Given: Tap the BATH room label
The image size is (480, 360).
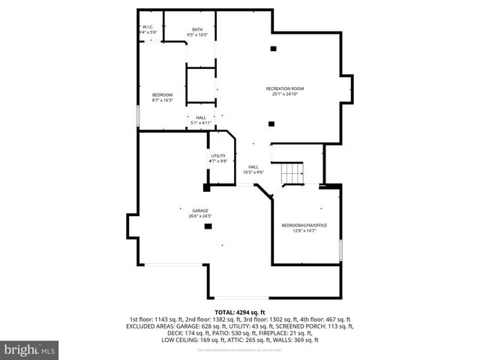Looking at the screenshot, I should (197, 29).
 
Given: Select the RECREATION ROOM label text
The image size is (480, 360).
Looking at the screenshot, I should (285, 89).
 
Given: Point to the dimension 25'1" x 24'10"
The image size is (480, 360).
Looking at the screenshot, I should (285, 94).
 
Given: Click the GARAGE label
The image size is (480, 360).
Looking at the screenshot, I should (199, 211).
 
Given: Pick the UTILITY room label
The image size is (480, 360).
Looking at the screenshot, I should (217, 156).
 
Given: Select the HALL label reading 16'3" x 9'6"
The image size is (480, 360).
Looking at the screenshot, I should (253, 169).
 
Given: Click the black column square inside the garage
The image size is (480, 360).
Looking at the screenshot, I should (208, 226).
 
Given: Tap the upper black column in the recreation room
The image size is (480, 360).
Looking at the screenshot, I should (272, 49).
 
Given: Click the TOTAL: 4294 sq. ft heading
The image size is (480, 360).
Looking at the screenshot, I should (240, 312).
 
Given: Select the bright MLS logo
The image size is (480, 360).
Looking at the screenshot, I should (30, 349).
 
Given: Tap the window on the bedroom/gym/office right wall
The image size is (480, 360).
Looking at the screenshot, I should (341, 247).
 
